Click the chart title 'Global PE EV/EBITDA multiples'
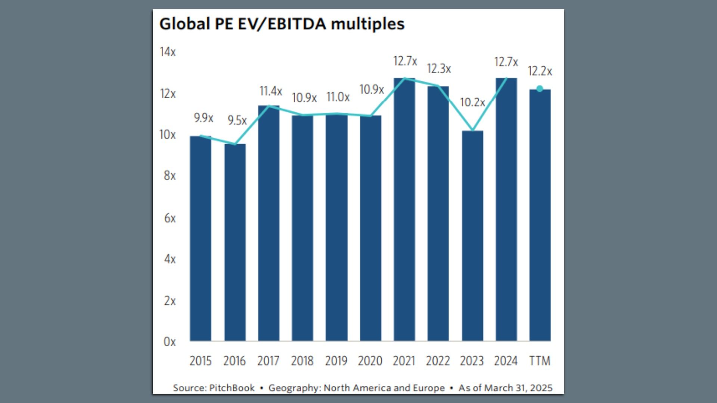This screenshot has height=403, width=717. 282,24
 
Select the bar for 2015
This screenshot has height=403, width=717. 201,239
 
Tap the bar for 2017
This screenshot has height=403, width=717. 269,224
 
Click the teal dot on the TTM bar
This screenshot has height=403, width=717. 540,89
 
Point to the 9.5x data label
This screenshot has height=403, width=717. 237,121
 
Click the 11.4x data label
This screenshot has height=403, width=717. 271,91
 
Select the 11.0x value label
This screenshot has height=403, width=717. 338,97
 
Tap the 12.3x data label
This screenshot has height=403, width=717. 439,69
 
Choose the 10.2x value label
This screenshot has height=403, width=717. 472,102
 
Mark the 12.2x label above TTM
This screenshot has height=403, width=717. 540,71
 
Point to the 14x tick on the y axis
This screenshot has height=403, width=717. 168,52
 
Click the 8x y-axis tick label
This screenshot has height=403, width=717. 170,176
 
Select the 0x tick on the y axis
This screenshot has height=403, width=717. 170,342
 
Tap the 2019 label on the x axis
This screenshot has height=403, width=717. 336,361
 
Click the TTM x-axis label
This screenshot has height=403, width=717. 540,361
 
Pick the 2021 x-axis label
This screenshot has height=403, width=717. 404,361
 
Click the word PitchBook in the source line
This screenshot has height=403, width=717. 232,388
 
